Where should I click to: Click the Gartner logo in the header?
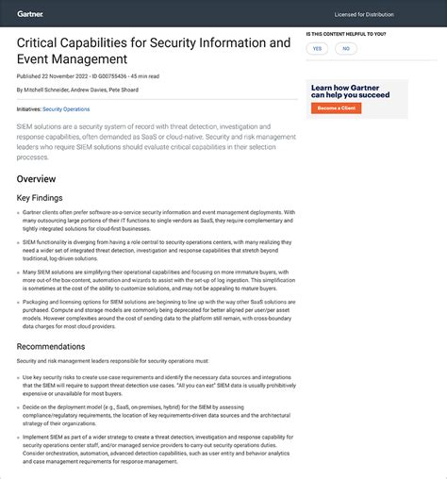click(x=30, y=13)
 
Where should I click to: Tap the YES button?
click(x=317, y=48)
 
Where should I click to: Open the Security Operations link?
click(x=67, y=109)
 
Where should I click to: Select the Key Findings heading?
click(x=41, y=198)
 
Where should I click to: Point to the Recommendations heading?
click(x=51, y=346)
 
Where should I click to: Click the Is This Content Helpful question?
click(x=346, y=34)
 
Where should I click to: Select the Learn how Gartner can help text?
click(x=351, y=91)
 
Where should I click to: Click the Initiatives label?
click(x=28, y=109)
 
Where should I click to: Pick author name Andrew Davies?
click(x=91, y=90)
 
